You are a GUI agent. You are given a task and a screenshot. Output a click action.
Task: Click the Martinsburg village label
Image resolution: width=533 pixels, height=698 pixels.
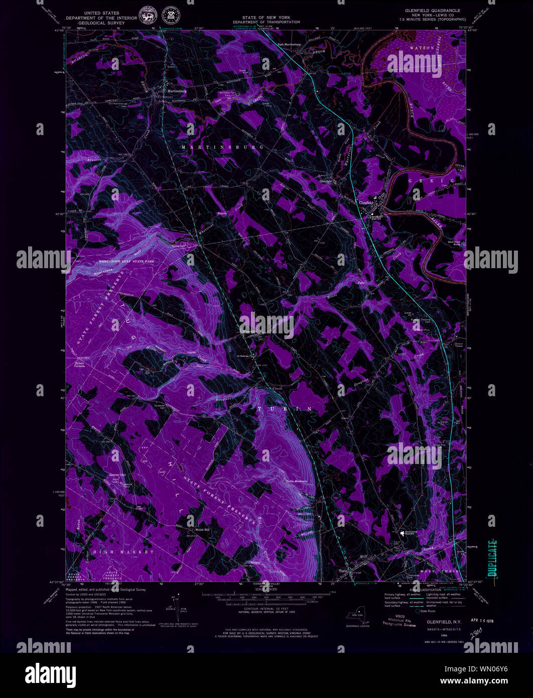click(177, 91)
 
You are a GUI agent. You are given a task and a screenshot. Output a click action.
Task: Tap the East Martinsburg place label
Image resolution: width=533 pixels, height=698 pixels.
click(290, 44)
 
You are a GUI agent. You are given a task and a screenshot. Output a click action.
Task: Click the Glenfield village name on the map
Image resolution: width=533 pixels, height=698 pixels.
click(367, 202)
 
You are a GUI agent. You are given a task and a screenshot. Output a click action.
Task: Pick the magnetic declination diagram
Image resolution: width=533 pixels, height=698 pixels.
click(177, 603)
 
